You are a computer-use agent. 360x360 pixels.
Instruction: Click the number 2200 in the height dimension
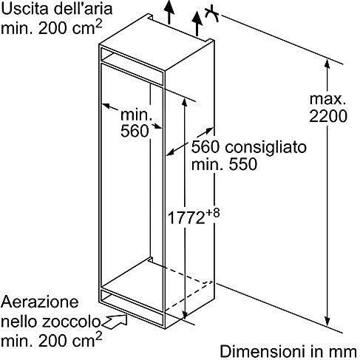tap(328, 115)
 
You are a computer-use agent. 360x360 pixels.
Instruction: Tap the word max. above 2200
tap(327, 99)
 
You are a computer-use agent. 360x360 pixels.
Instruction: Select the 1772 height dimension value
tap(186, 218)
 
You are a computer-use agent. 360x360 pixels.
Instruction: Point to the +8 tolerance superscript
tap(212, 213)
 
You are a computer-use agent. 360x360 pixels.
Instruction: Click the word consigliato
tap(265, 148)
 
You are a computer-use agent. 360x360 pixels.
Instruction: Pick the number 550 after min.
tap(243, 164)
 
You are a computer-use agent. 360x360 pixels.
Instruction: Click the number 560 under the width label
tap(135, 131)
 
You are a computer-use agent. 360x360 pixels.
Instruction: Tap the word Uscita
tap(24, 8)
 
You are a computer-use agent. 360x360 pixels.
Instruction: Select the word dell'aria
tap(83, 8)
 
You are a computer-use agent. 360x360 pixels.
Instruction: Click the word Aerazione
tap(40, 302)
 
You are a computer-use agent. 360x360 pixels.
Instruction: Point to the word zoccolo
tap(71, 322)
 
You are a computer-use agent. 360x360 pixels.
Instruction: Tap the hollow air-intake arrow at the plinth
tap(115, 322)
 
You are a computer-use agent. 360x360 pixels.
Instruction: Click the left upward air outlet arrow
tap(169, 12)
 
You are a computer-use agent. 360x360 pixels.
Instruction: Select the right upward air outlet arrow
tap(197, 23)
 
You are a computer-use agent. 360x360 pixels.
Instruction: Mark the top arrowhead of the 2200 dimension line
tap(327, 64)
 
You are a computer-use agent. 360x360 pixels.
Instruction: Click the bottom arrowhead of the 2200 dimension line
tap(327, 322)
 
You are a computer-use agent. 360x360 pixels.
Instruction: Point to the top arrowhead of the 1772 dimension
tap(185, 101)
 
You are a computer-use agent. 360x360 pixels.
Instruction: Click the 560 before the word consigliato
tap(206, 147)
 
